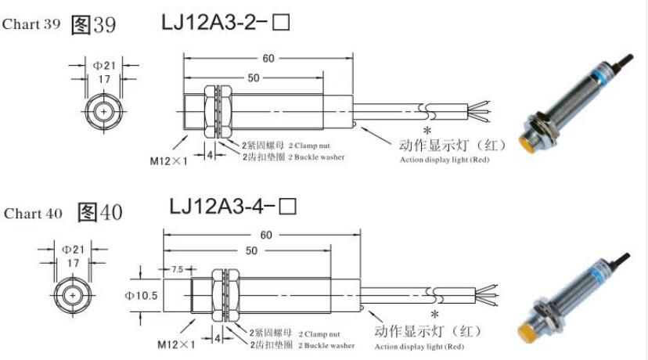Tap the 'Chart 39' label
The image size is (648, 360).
pyautogui.click(x=31, y=24)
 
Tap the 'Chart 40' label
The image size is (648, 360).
pyautogui.click(x=33, y=214)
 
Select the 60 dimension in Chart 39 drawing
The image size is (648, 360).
pyautogui.click(x=268, y=58)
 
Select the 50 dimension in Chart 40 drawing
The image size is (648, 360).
pyautogui.click(x=251, y=250)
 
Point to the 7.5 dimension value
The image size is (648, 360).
pyautogui.click(x=178, y=269)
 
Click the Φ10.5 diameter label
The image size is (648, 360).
pyautogui.click(x=142, y=296)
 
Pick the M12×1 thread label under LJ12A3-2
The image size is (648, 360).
pyautogui.click(x=168, y=160)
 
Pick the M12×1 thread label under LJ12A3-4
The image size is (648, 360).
pyautogui.click(x=176, y=344)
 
